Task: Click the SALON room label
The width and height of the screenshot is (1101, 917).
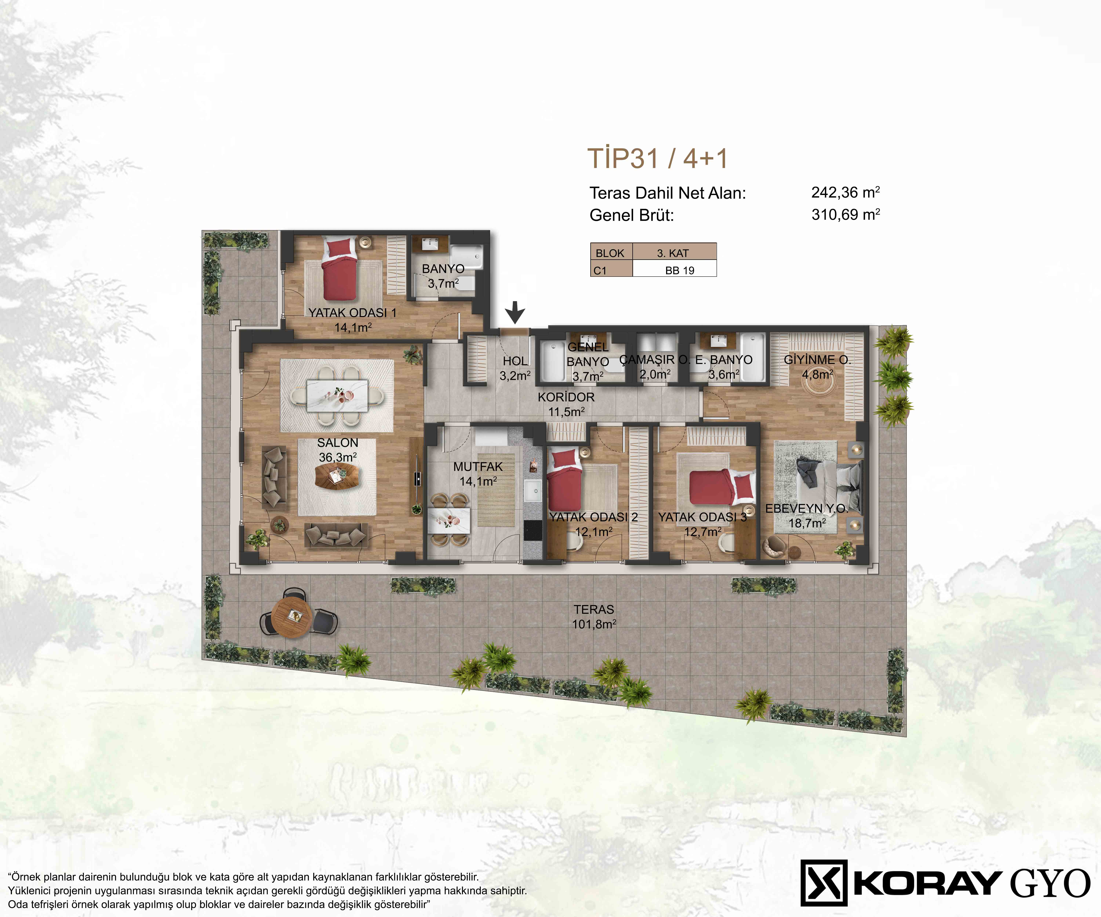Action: [x=338, y=443]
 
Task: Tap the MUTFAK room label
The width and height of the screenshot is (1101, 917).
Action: [x=478, y=466]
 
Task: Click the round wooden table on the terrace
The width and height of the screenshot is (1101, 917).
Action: [x=292, y=617]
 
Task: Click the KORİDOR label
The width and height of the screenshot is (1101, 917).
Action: [x=566, y=397]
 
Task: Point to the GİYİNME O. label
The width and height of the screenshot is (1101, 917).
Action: [x=817, y=360]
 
